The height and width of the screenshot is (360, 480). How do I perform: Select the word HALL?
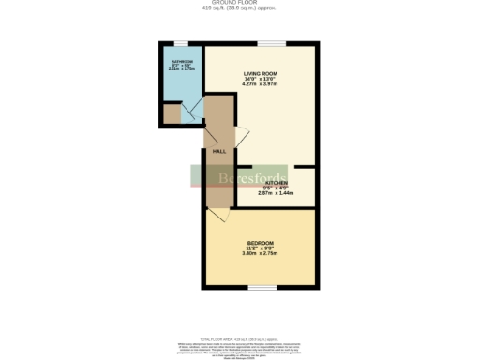[x=219, y=151]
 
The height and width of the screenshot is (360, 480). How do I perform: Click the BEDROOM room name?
[x=262, y=243]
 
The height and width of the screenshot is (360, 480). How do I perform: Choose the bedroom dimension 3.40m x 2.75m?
[x=262, y=254]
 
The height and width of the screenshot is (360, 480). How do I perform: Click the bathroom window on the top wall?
[x=178, y=43]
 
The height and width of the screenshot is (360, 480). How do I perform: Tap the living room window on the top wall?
[x=273, y=43]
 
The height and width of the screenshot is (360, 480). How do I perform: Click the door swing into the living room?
[x=241, y=135]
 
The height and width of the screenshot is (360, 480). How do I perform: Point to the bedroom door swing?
[x=217, y=216]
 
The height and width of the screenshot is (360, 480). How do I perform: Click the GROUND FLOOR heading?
[x=240, y=4]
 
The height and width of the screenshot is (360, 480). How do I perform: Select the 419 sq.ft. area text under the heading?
[x=240, y=9]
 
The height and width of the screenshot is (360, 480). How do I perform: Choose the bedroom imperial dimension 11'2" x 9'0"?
[x=262, y=248]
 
